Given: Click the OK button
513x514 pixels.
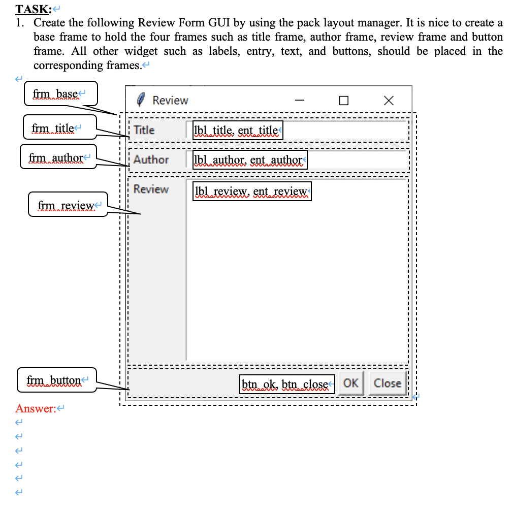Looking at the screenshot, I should (350, 383).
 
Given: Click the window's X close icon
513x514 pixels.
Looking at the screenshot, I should (388, 101).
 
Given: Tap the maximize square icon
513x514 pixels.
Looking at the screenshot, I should (344, 101).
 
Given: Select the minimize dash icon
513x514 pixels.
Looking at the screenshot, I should (300, 101).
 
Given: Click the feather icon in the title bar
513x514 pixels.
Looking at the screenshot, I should (142, 100).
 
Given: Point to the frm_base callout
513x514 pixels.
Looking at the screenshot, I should (60, 94).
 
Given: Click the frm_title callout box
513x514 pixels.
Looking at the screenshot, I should (60, 127).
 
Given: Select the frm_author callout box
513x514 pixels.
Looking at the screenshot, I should (58, 157).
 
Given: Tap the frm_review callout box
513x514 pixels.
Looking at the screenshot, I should (68, 205).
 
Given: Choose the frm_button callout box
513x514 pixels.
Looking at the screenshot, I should (56, 380).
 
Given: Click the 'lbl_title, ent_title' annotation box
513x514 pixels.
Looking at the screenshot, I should (237, 131).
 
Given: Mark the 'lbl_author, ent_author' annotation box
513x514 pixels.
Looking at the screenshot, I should (249, 160).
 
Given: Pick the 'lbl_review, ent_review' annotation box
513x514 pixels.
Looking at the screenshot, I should (252, 191).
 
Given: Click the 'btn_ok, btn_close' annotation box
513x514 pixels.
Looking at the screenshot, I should (287, 384).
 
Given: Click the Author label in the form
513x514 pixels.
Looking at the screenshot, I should (151, 159).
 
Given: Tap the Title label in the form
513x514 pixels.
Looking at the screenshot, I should (144, 130).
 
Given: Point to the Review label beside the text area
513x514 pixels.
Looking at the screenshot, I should (151, 189).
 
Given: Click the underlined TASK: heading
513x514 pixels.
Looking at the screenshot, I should (35, 9).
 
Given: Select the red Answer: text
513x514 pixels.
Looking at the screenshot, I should (36, 408).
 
